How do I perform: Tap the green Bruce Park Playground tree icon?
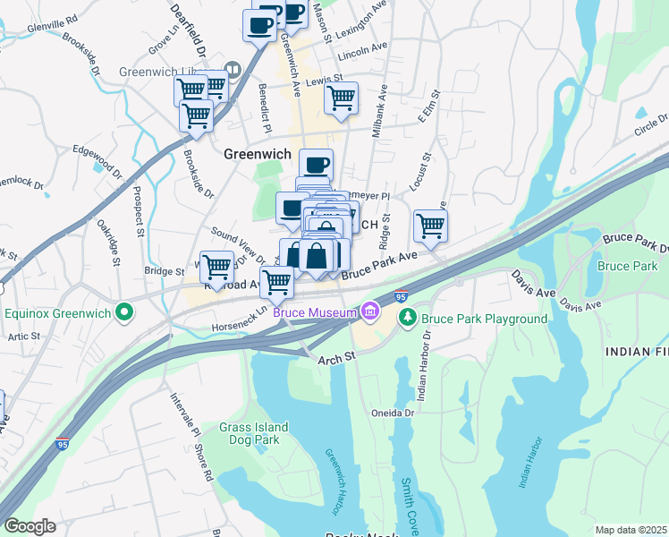coord(407,318)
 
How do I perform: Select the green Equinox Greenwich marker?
coord(124,313)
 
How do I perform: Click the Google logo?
coord(30,526)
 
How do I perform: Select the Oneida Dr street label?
coord(393,413)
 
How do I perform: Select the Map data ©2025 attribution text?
coord(631,530)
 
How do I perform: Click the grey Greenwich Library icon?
coord(233,68)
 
